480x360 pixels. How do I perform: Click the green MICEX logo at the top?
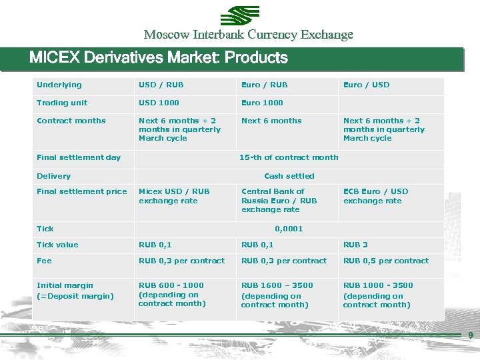[240, 15]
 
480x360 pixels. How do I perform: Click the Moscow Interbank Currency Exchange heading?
[248, 35]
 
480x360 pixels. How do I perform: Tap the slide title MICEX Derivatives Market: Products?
[159, 58]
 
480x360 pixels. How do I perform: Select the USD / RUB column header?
[161, 85]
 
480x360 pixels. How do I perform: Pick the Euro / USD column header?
[366, 85]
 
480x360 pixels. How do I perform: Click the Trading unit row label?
[62, 103]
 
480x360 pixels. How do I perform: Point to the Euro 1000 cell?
[262, 103]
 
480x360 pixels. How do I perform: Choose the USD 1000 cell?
[159, 103]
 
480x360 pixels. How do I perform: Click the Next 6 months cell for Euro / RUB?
[271, 121]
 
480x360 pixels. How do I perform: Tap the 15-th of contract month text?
[289, 157]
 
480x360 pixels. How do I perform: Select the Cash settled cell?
[289, 176]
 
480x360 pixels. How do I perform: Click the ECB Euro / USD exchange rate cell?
[375, 196]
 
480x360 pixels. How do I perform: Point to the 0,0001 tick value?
[289, 229]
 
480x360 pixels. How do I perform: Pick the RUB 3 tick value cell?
[355, 245]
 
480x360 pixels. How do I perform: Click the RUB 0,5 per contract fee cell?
[386, 261]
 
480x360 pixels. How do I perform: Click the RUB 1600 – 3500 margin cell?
[277, 295]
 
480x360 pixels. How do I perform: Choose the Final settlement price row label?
[81, 191]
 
